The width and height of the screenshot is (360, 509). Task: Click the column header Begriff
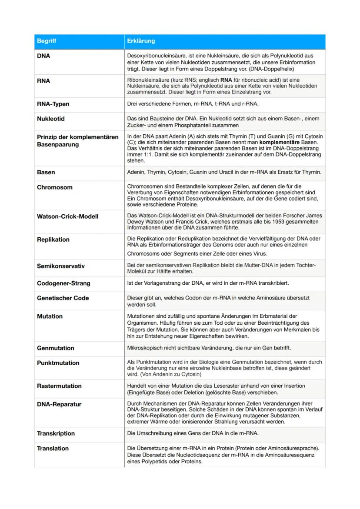tap(47, 41)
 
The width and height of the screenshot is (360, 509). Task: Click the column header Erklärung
tap(141, 41)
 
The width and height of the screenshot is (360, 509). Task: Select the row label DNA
tap(43, 56)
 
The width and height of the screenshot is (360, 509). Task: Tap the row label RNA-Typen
tap(53, 104)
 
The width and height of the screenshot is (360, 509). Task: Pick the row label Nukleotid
tap(51, 119)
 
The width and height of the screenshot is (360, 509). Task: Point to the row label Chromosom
tap(55, 187)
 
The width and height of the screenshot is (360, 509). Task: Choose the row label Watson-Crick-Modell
tap(67, 216)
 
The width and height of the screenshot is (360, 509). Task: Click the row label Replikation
tap(53, 240)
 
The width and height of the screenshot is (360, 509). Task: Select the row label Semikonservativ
tap(60, 266)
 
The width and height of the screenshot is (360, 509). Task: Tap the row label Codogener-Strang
tap(63, 283)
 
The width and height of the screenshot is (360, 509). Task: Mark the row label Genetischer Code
tap(63, 298)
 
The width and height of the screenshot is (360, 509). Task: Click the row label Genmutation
tap(56, 348)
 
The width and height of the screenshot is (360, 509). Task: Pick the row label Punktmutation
tap(58, 363)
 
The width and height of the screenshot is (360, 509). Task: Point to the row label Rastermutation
tap(59, 386)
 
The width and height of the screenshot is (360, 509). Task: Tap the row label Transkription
tap(56, 433)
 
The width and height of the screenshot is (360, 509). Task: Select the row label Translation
tap(53, 448)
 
